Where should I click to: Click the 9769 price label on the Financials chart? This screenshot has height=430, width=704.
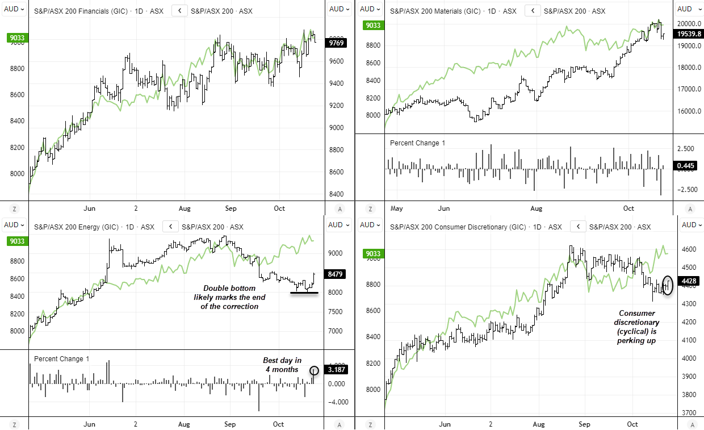point(334,43)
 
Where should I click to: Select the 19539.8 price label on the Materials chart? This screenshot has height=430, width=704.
point(688,34)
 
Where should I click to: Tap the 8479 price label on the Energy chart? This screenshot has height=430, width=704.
point(334,274)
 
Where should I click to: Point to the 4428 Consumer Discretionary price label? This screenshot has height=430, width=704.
point(689,280)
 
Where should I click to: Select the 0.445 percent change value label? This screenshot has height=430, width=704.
point(685,166)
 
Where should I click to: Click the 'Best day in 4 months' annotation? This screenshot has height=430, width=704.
point(282,365)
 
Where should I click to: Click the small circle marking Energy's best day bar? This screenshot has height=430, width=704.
point(315,370)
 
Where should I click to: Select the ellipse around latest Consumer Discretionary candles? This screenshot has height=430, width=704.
point(668,284)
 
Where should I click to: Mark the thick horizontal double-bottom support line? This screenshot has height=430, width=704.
point(304,293)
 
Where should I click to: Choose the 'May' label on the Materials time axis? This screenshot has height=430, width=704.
point(397,208)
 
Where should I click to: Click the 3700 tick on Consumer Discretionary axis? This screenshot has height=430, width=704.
point(688,412)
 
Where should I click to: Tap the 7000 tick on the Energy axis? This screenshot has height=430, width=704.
point(335,331)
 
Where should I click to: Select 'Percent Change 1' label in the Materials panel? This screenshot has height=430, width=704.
point(417,143)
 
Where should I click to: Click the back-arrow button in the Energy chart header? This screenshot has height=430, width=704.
point(171,227)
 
